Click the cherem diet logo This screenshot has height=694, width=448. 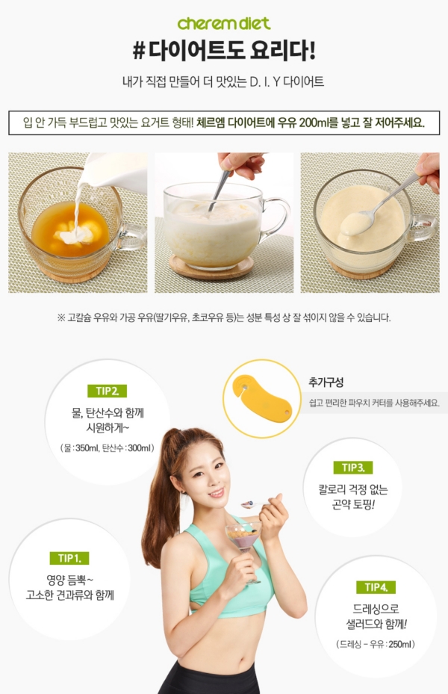pos(224,23)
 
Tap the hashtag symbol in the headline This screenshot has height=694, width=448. pos(139,51)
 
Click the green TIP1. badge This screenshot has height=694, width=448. pos(69,558)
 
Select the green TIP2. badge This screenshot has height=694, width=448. pos(107,391)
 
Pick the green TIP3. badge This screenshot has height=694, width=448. pos(353,468)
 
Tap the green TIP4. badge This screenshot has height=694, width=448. pos(376,587)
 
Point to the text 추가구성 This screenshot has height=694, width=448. pos(326,382)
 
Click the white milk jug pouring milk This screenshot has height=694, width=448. pos(116,172)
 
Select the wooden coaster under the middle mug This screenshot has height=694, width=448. pos(211,267)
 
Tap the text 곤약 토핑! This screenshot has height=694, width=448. pos(353,504)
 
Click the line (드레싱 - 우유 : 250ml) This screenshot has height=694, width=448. pos(376,645)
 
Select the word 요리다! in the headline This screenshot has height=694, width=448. pos(283,51)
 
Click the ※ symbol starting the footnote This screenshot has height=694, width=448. pos(61,317)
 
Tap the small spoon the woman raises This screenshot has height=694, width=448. pos(255,504)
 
